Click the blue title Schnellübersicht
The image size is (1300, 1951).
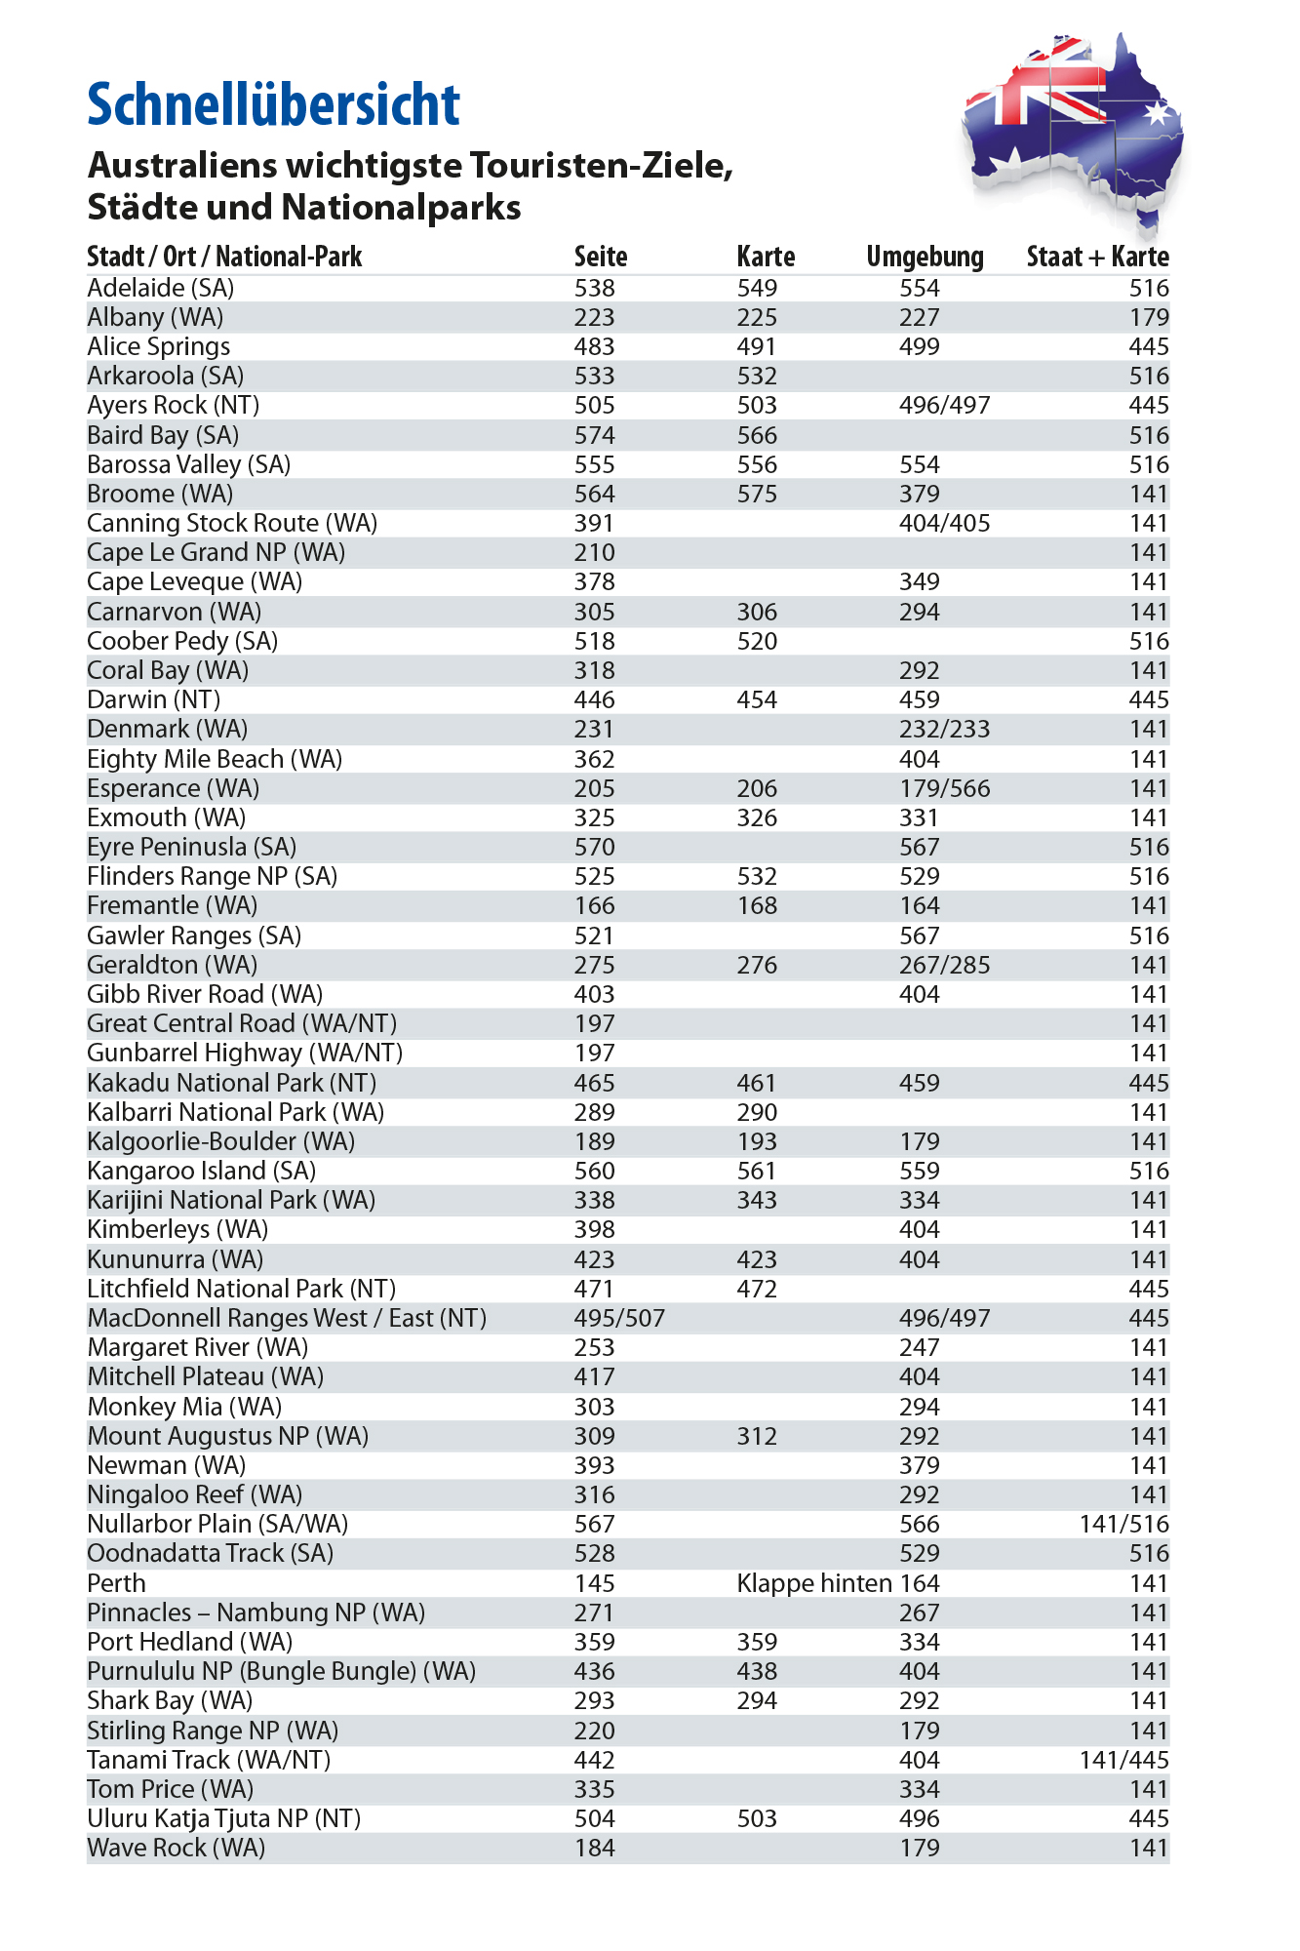(273, 104)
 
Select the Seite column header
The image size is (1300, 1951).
(600, 257)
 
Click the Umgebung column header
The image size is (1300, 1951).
(925, 257)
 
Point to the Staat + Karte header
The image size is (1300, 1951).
(1097, 257)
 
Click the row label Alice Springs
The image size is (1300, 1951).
(159, 346)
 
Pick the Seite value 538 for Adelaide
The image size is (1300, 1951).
(594, 288)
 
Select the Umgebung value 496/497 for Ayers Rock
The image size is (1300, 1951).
(944, 405)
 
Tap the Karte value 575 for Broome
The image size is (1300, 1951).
(757, 494)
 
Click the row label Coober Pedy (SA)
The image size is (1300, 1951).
(182, 641)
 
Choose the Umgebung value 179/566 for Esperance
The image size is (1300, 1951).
(944, 788)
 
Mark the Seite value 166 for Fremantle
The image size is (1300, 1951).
(594, 905)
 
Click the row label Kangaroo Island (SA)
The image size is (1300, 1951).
(202, 1171)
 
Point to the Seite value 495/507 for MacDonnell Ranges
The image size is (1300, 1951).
(619, 1318)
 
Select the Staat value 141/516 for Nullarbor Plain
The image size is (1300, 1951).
(1123, 1524)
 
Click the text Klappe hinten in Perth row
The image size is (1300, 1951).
(814, 1583)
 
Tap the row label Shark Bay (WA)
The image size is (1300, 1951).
(170, 1700)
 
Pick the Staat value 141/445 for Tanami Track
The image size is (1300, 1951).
(1123, 1760)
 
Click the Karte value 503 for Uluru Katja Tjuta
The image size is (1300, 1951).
(757, 1818)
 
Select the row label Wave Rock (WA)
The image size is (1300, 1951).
(176, 1848)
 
